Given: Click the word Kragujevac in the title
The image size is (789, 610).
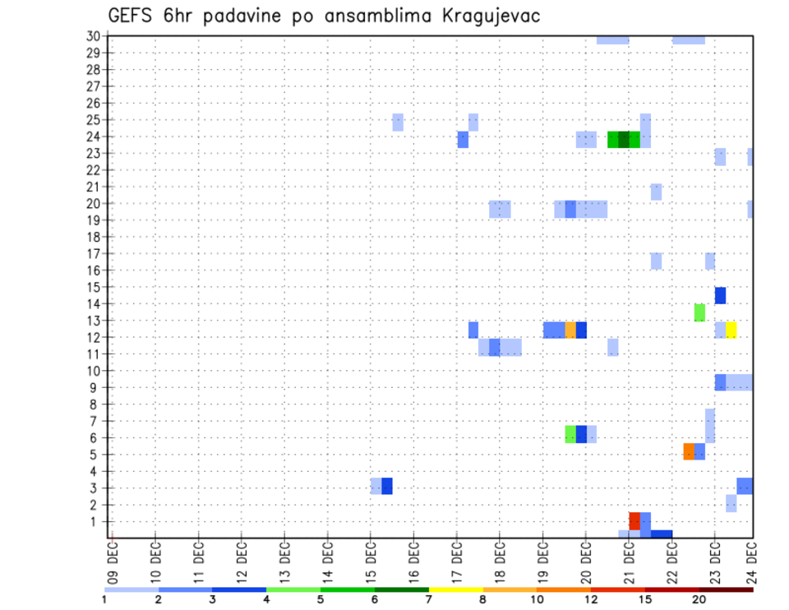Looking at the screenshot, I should pyautogui.click(x=485, y=16).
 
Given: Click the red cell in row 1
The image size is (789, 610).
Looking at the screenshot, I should pyautogui.click(x=634, y=521).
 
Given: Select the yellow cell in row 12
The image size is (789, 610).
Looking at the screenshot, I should pyautogui.click(x=731, y=330).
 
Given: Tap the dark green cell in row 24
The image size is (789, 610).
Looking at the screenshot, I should pyautogui.click(x=624, y=140).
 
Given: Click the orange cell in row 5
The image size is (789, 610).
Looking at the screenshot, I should pyautogui.click(x=689, y=451).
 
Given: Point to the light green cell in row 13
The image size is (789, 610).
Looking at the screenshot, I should pyautogui.click(x=699, y=312).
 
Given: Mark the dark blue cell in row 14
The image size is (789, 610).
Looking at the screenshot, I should pyautogui.click(x=720, y=296).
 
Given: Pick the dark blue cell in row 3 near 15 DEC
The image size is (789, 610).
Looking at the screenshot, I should pyautogui.click(x=387, y=486).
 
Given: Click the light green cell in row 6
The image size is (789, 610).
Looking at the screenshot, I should pyautogui.click(x=570, y=434).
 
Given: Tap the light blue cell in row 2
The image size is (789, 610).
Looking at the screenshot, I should pyautogui.click(x=731, y=503).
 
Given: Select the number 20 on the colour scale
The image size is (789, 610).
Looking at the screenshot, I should pyautogui.click(x=699, y=598).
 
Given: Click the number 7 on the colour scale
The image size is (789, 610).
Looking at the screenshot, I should pyautogui.click(x=429, y=598).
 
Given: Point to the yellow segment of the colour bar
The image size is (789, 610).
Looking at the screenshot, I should pyautogui.click(x=455, y=589).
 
